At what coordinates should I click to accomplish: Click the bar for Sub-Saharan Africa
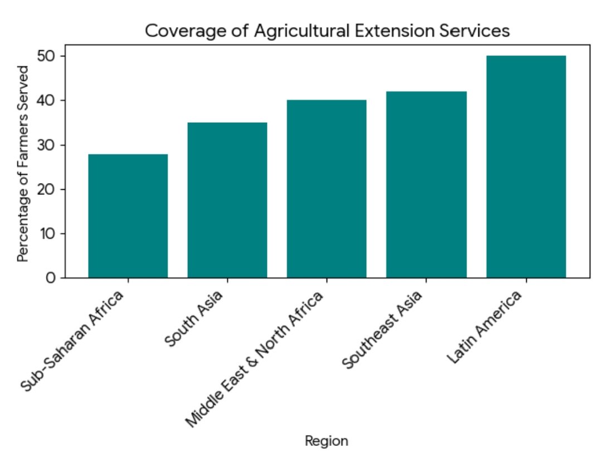tap(128, 216)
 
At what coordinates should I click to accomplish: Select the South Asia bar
tap(227, 200)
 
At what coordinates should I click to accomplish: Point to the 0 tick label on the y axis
tap(51, 278)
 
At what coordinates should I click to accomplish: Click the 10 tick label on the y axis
tap(48, 233)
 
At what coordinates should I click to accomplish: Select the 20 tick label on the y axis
tap(48, 189)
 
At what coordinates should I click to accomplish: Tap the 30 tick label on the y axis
tap(48, 145)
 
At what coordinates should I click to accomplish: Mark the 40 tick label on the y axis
tap(48, 100)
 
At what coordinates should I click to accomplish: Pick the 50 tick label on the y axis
tap(48, 56)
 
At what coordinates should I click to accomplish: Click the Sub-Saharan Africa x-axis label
tap(72, 340)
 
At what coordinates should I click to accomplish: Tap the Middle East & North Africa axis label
tap(254, 359)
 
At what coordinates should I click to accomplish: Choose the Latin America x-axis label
tap(485, 327)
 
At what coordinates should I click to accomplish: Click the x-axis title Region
tap(327, 441)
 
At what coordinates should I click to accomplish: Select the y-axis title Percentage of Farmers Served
tap(23, 164)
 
